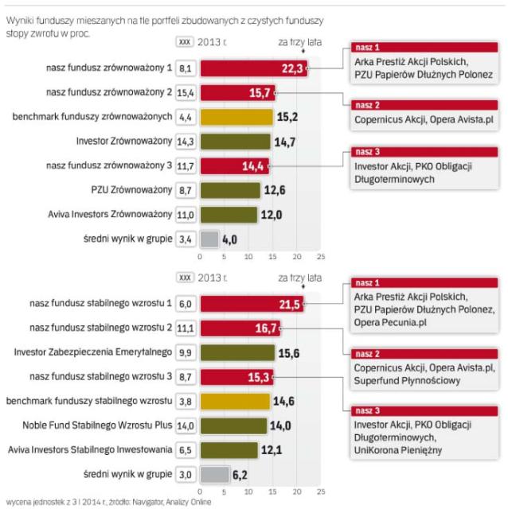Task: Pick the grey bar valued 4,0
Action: pos(209,238)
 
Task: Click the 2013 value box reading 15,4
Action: pos(186,94)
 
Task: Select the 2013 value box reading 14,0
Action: pos(186,426)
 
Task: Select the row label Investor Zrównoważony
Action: pos(131,142)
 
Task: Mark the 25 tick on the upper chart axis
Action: pos(321,257)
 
